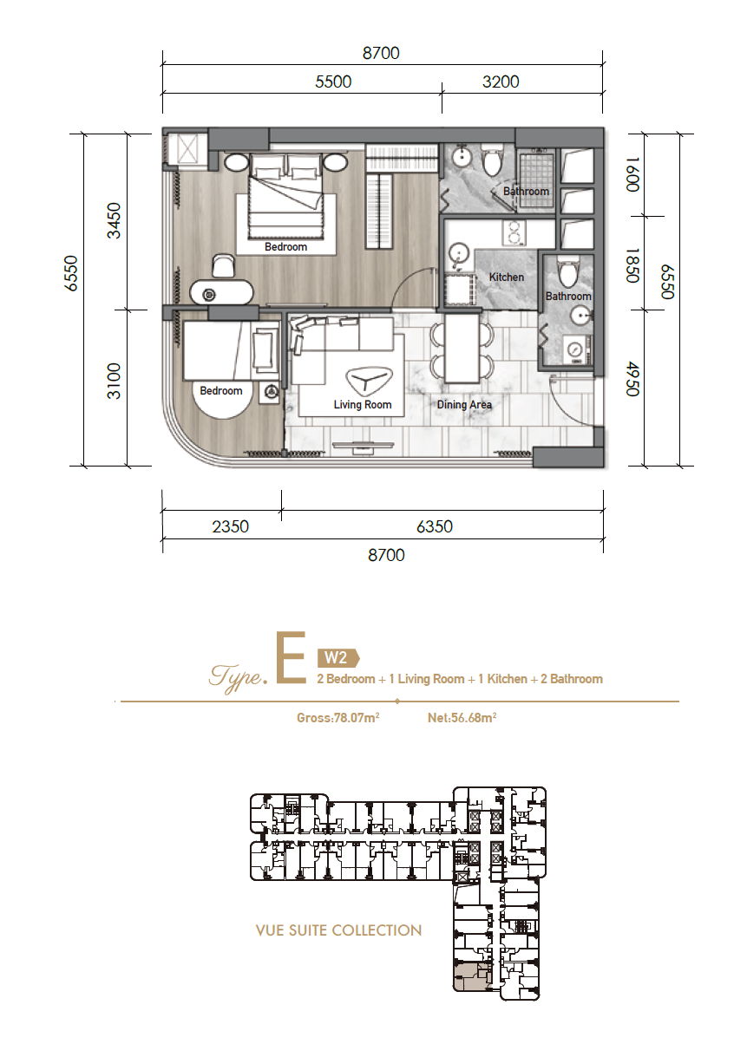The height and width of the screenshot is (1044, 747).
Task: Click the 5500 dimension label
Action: click(333, 82)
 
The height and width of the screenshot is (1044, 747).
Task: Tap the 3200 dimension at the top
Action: click(501, 82)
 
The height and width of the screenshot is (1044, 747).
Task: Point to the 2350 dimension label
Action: click(231, 526)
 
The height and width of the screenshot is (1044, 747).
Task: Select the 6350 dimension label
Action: click(435, 526)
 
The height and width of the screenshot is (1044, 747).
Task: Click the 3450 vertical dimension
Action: click(114, 220)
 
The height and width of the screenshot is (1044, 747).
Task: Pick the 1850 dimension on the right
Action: click(632, 264)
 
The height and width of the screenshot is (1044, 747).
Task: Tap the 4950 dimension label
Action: click(632, 378)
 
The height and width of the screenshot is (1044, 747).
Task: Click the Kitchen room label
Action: click(507, 277)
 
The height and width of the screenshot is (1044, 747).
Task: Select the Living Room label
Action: click(363, 405)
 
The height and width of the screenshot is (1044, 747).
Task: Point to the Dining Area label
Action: click(464, 405)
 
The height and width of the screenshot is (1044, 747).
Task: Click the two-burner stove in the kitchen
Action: click(514, 232)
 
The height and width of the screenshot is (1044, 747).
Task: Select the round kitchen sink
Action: click(459, 254)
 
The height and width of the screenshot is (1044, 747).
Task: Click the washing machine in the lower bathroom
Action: click(577, 349)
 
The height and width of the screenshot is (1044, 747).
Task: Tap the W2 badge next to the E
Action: click(338, 657)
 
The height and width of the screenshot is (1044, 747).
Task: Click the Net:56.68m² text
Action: click(462, 718)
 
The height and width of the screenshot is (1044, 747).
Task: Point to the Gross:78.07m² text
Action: click(338, 718)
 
